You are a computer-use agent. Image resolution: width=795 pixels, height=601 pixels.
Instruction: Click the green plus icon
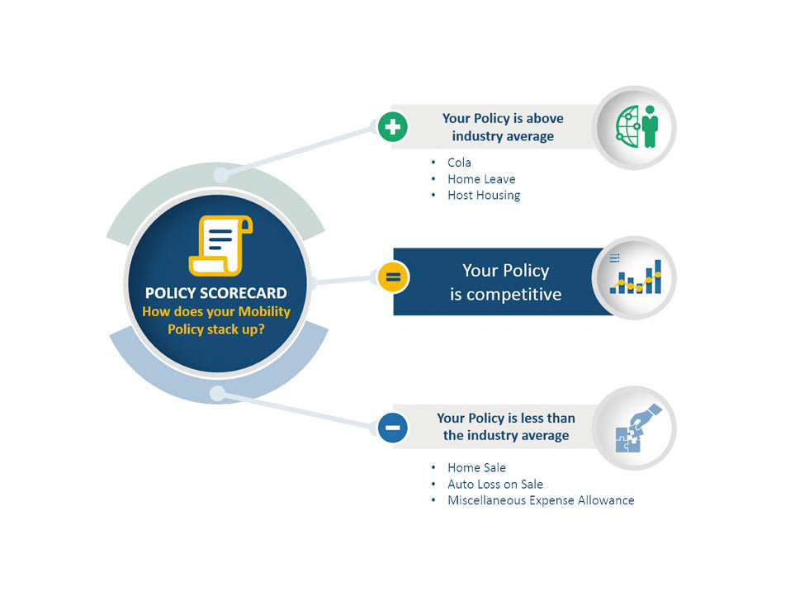(x=392, y=127)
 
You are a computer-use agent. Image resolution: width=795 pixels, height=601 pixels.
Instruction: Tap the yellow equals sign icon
(x=392, y=277)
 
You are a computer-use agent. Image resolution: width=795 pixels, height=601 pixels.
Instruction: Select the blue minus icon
(x=392, y=427)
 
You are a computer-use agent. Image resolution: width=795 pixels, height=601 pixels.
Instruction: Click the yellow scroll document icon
(x=220, y=245)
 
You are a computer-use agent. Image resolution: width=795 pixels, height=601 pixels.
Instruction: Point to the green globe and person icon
(x=636, y=127)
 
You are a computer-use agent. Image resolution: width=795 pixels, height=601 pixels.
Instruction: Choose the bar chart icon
(x=636, y=277)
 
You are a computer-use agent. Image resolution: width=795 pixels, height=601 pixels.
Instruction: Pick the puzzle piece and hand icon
(x=636, y=428)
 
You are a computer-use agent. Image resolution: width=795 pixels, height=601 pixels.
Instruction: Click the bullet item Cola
(x=459, y=163)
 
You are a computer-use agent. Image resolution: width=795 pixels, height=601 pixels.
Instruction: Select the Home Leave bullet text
(x=480, y=179)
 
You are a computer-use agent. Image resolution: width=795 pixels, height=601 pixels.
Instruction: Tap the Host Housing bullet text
(x=484, y=196)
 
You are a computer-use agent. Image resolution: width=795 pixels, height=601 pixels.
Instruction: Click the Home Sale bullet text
(x=476, y=467)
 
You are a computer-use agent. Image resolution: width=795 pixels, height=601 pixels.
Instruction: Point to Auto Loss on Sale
(x=495, y=484)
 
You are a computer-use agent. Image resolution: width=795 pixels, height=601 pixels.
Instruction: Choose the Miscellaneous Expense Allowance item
(x=541, y=500)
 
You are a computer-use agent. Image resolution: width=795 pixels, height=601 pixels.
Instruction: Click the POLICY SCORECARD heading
(x=216, y=294)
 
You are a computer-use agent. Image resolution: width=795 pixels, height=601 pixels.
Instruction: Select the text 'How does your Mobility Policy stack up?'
(x=216, y=320)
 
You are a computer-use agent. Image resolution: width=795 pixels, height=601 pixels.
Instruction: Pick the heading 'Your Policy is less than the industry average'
(x=505, y=427)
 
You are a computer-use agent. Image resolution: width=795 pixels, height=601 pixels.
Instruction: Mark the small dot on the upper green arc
(x=220, y=175)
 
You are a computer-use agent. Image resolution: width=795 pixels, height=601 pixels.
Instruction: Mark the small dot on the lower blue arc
(x=216, y=393)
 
